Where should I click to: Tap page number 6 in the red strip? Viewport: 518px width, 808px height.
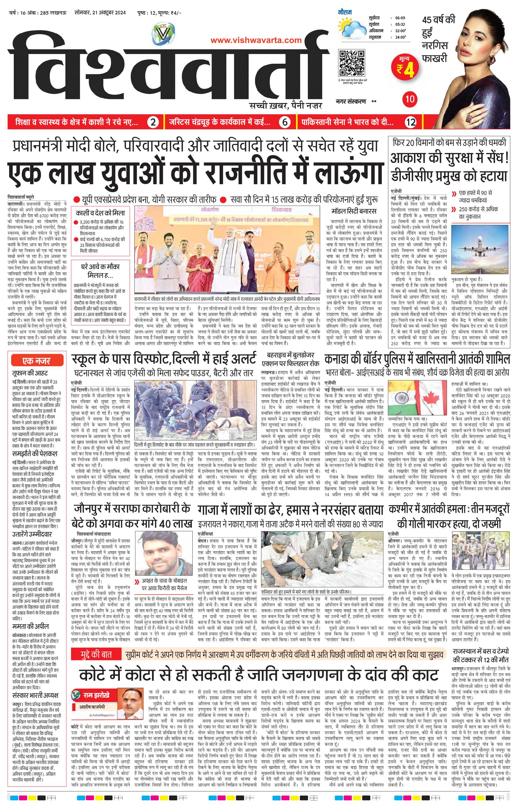point(285,123)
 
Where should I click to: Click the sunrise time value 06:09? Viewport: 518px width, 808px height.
point(400,18)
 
